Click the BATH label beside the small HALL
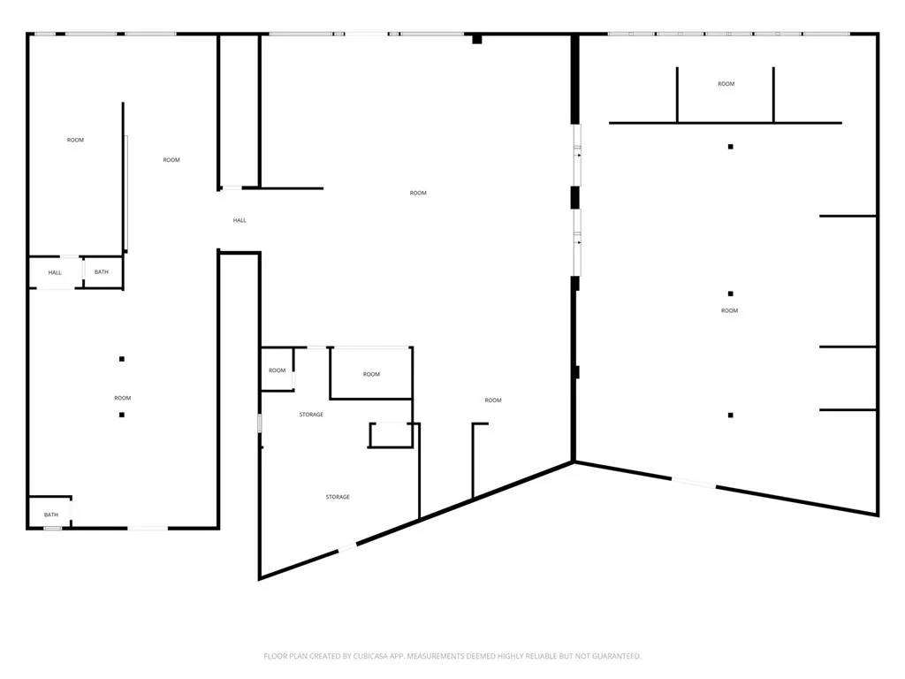point(101,272)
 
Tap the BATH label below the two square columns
point(50,515)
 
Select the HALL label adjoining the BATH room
point(55,272)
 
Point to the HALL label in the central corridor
point(240,220)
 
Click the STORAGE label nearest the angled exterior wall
point(338,497)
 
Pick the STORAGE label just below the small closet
point(311,415)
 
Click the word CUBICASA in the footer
point(369,656)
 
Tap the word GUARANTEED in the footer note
point(619,656)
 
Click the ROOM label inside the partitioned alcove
point(726,84)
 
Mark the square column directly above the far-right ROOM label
point(731,294)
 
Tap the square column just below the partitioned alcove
point(731,147)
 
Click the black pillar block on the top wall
point(477,39)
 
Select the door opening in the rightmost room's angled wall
point(694,483)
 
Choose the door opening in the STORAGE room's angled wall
point(346,548)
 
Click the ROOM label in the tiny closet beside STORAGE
point(277,370)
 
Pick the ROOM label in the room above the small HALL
point(75,140)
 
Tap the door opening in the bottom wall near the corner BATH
point(148,528)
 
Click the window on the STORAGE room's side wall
point(260,423)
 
